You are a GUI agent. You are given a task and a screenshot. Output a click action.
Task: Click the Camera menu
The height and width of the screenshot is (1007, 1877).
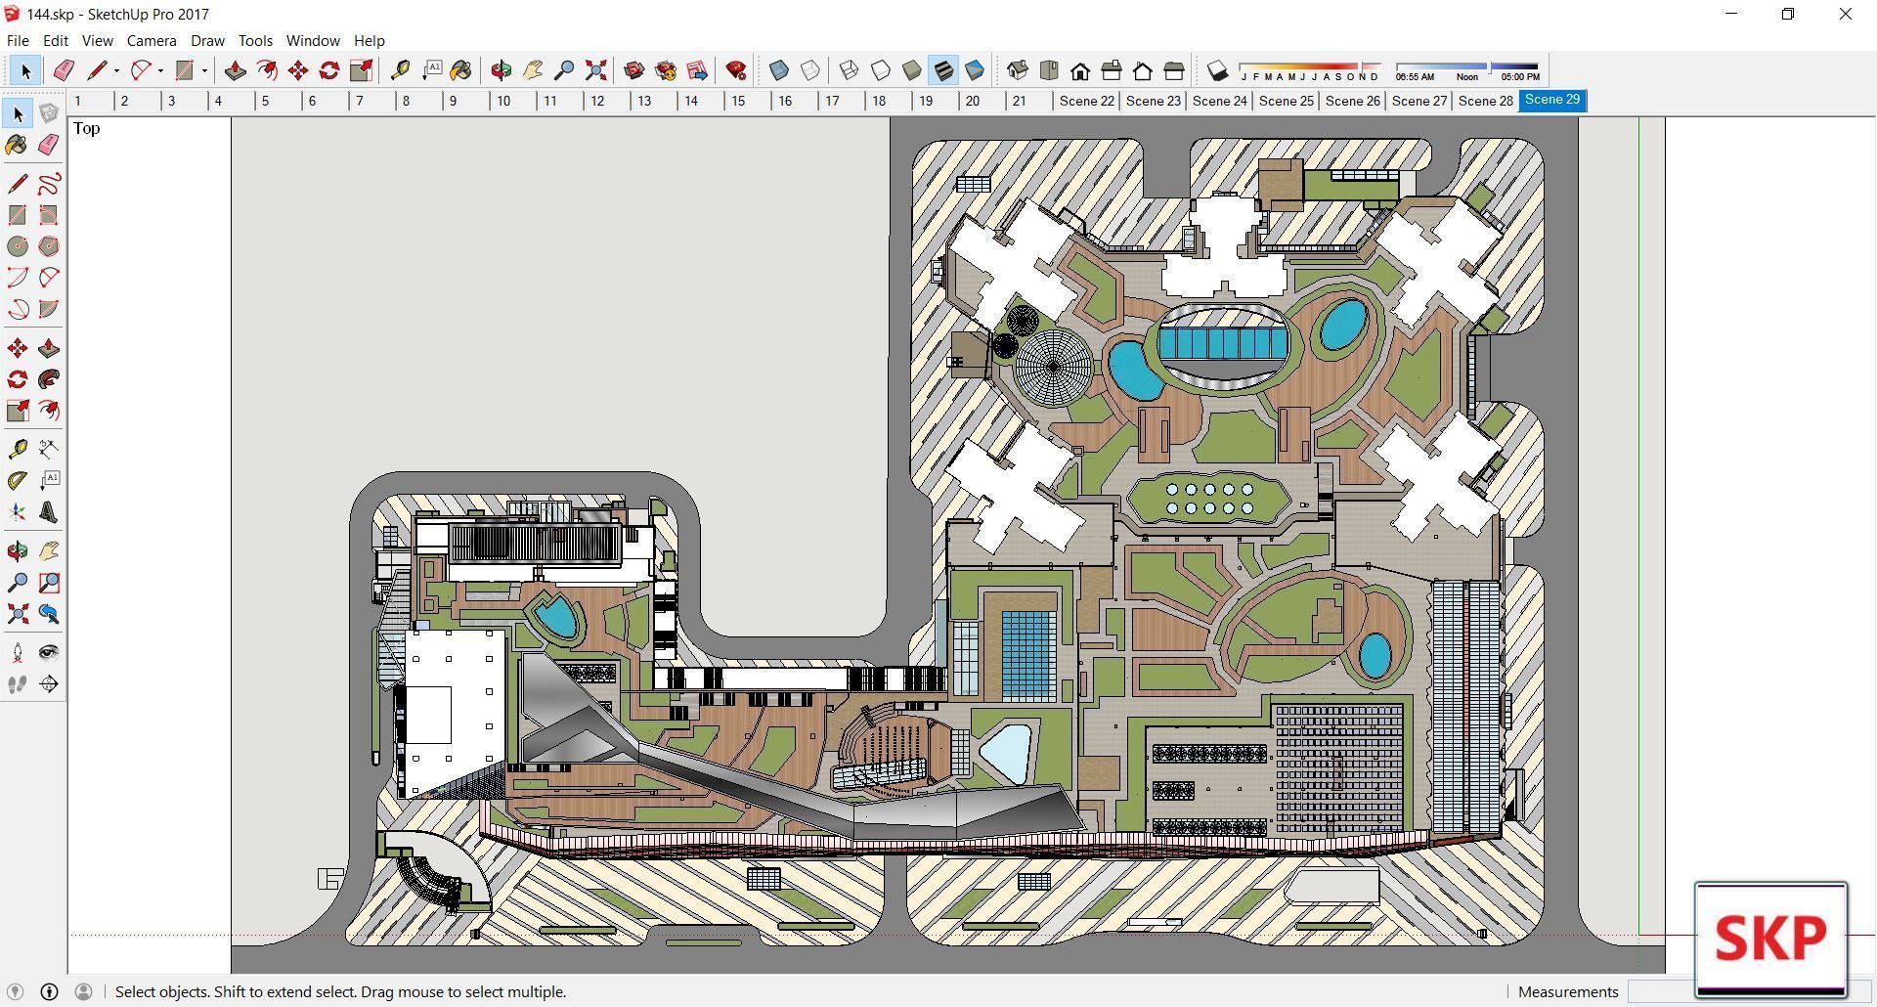tap(151, 41)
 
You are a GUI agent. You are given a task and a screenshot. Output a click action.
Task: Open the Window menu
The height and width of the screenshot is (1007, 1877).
tap(312, 41)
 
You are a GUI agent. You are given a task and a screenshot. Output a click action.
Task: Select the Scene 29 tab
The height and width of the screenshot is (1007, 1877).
tap(1551, 100)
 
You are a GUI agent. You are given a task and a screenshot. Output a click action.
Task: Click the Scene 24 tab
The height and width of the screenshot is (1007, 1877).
tap(1219, 101)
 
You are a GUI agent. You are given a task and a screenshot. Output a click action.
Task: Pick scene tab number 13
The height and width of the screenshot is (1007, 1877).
tap(643, 101)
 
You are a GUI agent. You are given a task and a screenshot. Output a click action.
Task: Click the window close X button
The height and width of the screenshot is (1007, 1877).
tap(1845, 14)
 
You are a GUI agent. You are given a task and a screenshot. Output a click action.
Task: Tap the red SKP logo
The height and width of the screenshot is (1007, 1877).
tap(1770, 939)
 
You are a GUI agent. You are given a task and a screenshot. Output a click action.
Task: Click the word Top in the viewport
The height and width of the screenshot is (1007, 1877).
tap(86, 129)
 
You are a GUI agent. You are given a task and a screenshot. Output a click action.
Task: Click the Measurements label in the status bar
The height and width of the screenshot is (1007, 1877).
tap(1567, 991)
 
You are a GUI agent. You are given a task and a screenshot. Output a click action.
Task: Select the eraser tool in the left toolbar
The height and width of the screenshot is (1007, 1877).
tap(49, 145)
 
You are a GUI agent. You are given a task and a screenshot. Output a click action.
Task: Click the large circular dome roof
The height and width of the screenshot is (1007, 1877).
tap(1053, 367)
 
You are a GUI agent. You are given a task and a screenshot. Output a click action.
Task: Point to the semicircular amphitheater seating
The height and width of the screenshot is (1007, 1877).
tap(895, 748)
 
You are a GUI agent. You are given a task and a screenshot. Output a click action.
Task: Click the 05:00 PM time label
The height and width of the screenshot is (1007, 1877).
tap(1519, 76)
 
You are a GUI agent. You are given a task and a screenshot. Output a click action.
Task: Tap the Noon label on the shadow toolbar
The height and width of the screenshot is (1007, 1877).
tap(1466, 76)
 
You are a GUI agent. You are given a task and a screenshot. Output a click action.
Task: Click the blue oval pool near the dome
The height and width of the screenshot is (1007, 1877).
tap(1134, 370)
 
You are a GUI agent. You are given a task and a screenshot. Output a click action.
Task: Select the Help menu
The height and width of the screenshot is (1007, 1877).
tap(369, 41)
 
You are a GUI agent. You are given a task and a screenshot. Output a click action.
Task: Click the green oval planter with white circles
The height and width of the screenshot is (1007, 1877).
tap(1208, 499)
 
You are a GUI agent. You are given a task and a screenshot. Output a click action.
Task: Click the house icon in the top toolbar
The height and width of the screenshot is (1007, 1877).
tap(1080, 70)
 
